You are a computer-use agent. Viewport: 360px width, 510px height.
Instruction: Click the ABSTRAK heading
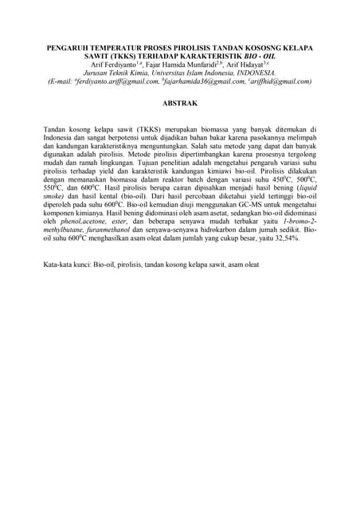point(179,104)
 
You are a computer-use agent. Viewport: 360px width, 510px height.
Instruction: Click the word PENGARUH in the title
point(71,48)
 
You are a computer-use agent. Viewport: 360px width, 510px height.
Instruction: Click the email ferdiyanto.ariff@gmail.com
point(116,81)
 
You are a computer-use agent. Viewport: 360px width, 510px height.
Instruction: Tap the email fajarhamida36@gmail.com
point(203,81)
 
